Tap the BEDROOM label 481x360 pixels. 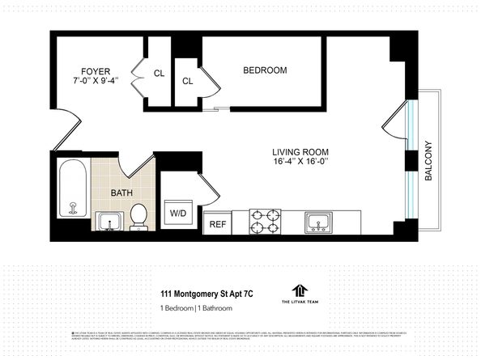(x=265, y=70)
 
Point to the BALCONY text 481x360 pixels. (x=429, y=162)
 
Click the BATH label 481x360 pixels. (x=122, y=193)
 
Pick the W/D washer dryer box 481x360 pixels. (x=177, y=214)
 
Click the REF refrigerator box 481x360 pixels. (x=217, y=224)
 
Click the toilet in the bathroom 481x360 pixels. (x=138, y=216)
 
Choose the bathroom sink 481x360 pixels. (x=107, y=221)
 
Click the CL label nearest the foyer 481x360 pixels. (x=159, y=74)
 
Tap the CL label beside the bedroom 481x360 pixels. (x=187, y=81)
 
